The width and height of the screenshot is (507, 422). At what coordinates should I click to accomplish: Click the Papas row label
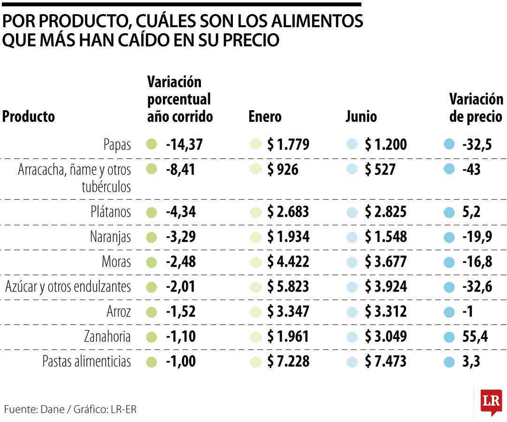117,145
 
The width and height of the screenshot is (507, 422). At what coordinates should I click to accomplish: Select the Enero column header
265,116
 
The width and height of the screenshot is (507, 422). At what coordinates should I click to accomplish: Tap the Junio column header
361,116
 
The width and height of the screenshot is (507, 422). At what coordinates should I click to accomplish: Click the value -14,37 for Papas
184,144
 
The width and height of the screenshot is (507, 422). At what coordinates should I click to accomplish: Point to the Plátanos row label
110,212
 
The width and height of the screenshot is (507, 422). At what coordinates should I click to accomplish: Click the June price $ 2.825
385,212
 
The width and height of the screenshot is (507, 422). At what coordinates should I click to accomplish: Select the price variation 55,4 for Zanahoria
476,337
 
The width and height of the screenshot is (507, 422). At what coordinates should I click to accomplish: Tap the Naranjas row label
110,237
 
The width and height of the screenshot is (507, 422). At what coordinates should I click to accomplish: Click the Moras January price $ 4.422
288,262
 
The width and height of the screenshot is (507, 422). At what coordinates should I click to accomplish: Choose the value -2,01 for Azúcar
181,286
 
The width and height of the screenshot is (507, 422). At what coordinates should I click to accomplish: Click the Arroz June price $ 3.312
385,311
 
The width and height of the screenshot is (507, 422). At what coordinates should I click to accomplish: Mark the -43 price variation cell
471,169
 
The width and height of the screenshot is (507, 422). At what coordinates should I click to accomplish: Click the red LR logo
491,401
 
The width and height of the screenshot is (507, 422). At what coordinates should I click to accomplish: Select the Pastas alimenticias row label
86,362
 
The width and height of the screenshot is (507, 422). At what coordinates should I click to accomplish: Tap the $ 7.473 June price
385,362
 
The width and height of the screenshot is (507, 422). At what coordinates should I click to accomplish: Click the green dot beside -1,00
151,362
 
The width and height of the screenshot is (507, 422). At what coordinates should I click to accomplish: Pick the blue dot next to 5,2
449,212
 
